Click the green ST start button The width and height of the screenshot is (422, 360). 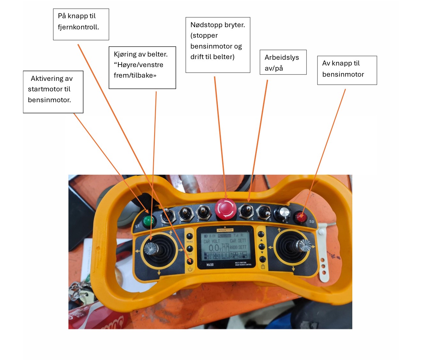[x=148, y=220]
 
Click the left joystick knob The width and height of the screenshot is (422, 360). [x=150, y=248]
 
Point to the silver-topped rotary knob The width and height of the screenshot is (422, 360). [x=283, y=212]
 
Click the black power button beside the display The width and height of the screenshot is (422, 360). [x=190, y=261]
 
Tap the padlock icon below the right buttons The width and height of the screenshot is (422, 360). [x=263, y=266]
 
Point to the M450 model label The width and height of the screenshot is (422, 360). [x=210, y=265]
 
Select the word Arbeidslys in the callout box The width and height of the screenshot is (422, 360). [x=282, y=57]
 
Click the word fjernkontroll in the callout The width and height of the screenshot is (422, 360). [x=78, y=27]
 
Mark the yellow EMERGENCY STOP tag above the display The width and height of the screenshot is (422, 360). [x=225, y=230]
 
